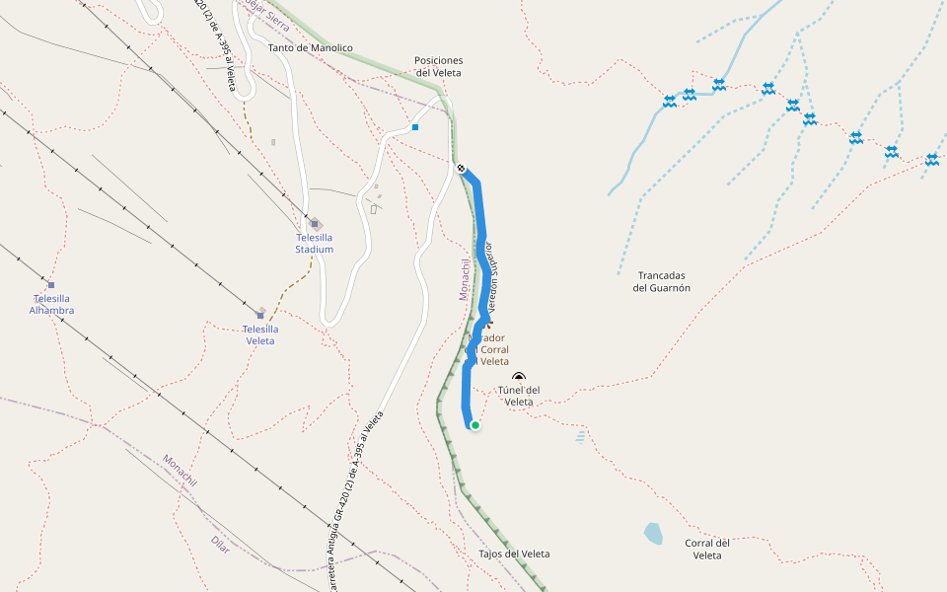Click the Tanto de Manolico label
(x=310, y=47)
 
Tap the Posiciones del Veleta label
(x=439, y=66)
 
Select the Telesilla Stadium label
(x=315, y=244)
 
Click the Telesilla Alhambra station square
(x=51, y=285)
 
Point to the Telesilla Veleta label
(x=260, y=334)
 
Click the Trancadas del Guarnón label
(x=661, y=282)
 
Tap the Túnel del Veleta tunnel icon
(x=519, y=376)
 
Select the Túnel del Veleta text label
(x=519, y=396)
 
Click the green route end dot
(x=474, y=425)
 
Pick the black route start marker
(x=461, y=168)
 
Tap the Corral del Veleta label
(x=707, y=549)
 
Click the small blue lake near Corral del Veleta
(x=653, y=534)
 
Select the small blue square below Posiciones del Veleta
(x=415, y=127)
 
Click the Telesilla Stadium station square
(x=315, y=224)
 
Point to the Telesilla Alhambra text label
(x=51, y=304)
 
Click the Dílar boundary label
(x=220, y=543)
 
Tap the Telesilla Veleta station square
(x=260, y=316)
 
